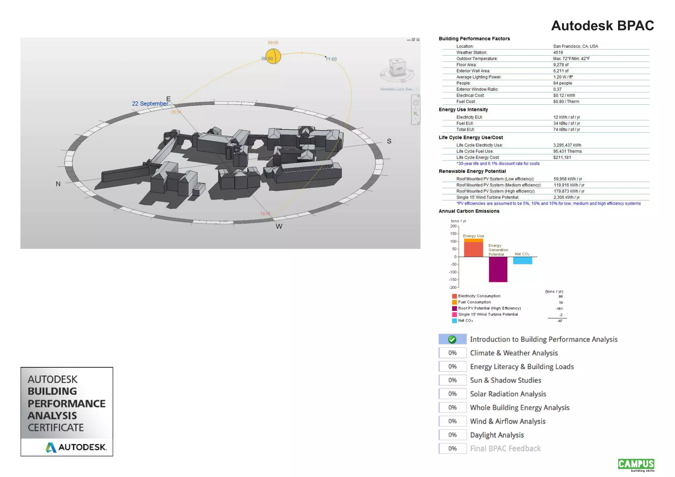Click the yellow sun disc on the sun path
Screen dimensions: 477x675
pos(273,56)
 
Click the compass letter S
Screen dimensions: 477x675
pos(389,141)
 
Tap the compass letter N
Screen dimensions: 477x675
pos(58,184)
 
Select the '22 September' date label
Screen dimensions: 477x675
pos(150,104)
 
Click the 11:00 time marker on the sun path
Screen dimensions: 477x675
pos(331,59)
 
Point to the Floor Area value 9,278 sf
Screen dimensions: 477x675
pos(561,65)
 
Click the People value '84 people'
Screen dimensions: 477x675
pos(562,83)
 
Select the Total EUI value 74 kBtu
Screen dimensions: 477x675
pos(566,129)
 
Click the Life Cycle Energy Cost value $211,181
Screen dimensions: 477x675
pos(562,157)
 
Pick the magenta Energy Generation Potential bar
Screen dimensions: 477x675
pos(498,269)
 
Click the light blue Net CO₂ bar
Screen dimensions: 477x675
pos(522,260)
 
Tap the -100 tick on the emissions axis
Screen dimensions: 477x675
pos(453,272)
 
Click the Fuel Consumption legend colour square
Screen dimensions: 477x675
pos(454,302)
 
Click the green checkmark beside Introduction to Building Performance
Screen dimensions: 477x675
pos(452,339)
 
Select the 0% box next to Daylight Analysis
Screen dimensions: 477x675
pos(452,435)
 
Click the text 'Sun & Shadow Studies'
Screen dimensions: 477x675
pos(505,380)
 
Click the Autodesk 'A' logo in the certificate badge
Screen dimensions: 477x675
pos(51,447)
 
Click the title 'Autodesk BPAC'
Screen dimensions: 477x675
pos(602,26)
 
